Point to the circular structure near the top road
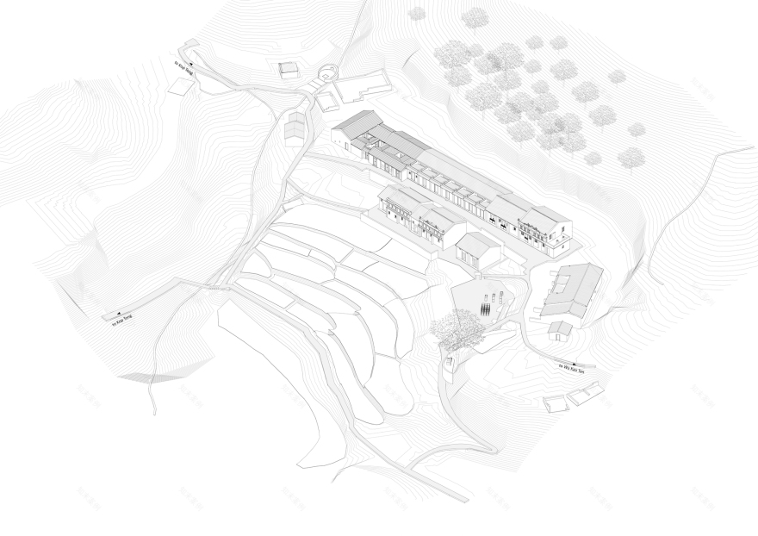pyautogui.click(x=328, y=74)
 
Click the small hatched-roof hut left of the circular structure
pyautogui.click(x=289, y=68)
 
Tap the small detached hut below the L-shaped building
pyautogui.click(x=561, y=328)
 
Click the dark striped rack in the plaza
pyautogui.click(x=488, y=307)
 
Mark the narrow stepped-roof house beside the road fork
pyautogui.click(x=294, y=125)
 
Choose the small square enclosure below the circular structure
pyautogui.click(x=327, y=100)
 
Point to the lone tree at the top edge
pyautogui.click(x=417, y=13)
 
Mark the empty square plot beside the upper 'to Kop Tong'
pyautogui.click(x=179, y=84)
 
